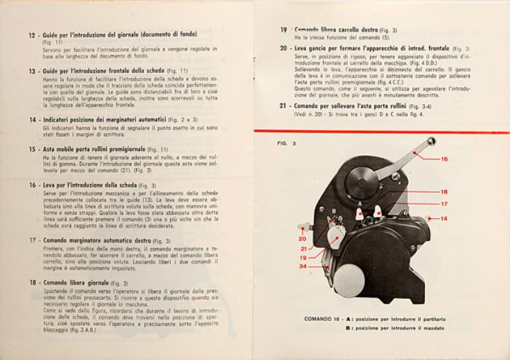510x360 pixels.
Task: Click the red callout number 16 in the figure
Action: pyautogui.click(x=443, y=159)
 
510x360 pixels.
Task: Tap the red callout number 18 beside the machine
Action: pyautogui.click(x=443, y=191)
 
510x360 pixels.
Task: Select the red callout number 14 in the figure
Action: pyautogui.click(x=443, y=218)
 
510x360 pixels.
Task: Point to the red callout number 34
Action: pyautogui.click(x=302, y=266)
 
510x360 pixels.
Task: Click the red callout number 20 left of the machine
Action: pyautogui.click(x=302, y=239)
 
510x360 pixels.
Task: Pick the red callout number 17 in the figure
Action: pyautogui.click(x=443, y=204)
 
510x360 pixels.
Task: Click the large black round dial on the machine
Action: pyautogui.click(x=362, y=182)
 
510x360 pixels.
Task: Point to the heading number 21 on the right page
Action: pyautogui.click(x=283, y=106)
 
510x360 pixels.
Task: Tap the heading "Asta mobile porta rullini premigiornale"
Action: pyautogui.click(x=93, y=150)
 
